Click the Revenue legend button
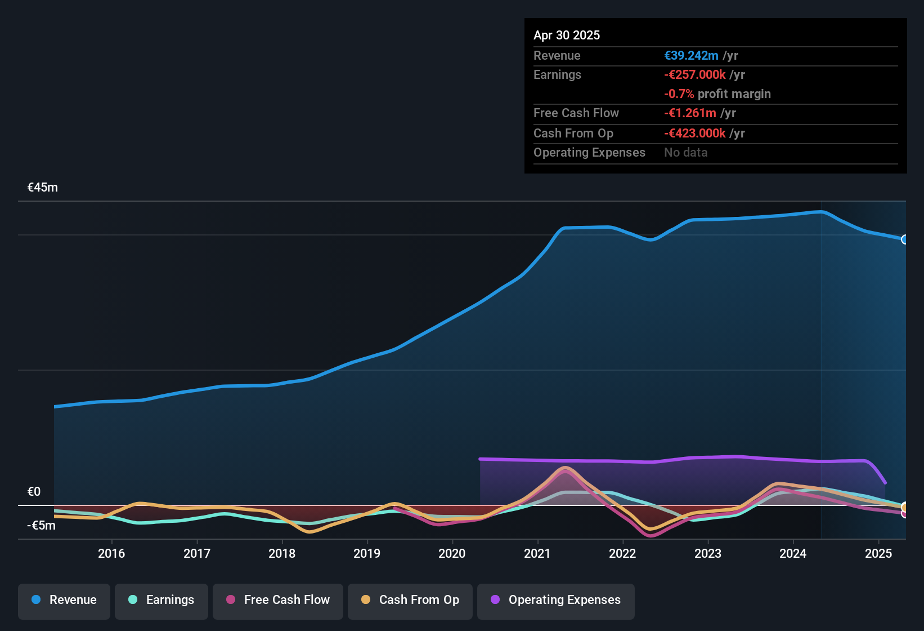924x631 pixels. click(x=64, y=600)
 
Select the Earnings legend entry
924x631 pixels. click(x=162, y=600)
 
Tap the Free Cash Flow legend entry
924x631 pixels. click(x=278, y=600)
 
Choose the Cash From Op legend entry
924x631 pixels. click(x=410, y=600)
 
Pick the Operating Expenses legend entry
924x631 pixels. click(x=556, y=600)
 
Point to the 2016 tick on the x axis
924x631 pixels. click(x=111, y=554)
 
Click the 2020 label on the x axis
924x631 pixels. click(x=452, y=554)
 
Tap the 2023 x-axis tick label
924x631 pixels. click(x=707, y=554)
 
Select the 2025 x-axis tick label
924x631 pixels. click(x=878, y=554)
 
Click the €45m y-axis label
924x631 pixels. click(x=43, y=188)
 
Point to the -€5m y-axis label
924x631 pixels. click(x=42, y=526)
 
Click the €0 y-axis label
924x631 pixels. click(x=34, y=492)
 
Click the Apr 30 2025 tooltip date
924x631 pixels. click(x=567, y=35)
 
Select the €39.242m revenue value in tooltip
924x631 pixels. click(x=691, y=56)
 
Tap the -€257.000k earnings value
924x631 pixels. click(x=695, y=75)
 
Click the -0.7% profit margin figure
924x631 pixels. click(x=679, y=94)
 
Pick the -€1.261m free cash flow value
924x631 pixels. click(x=690, y=113)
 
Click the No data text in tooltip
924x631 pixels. click(x=685, y=153)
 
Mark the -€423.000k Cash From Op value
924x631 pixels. click(x=695, y=134)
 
